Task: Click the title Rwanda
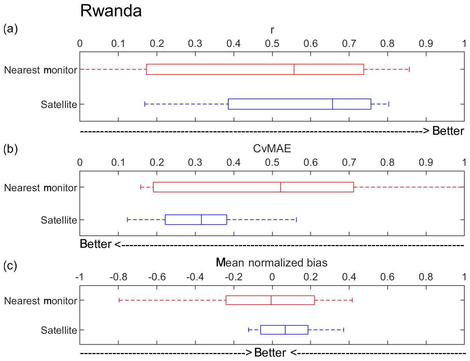coord(111,11)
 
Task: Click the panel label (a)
coord(11,29)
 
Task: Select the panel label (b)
coord(11,149)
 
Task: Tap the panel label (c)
coord(11,266)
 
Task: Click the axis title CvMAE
coord(272,148)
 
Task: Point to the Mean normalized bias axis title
coord(272,262)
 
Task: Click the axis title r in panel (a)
coord(272,31)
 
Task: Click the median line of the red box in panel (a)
coord(294,69)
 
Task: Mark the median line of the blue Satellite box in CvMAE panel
coord(201,220)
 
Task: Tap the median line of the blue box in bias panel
coord(285,330)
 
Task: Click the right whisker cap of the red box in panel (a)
coord(409,69)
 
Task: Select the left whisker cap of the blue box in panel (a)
coord(145,104)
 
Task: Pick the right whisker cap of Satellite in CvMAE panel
coord(296,220)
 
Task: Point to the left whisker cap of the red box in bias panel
coord(119,300)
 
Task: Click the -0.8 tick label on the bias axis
coord(118,277)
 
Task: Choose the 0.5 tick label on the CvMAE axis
coord(272,162)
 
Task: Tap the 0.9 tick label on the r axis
coord(426,44)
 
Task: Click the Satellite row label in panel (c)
coord(59,330)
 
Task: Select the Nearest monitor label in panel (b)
coord(40,188)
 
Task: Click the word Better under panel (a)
coord(448,131)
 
